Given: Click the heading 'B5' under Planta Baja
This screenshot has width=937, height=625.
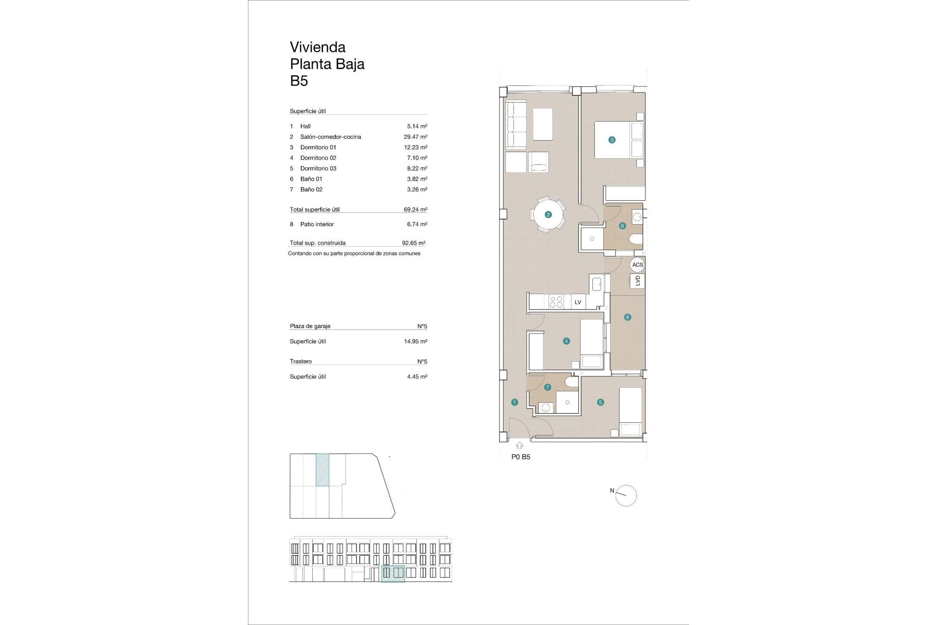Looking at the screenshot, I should click(x=299, y=81).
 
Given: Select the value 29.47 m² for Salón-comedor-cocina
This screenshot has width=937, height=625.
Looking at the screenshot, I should click(x=415, y=137).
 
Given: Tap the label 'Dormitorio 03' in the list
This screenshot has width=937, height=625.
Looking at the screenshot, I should click(x=318, y=168).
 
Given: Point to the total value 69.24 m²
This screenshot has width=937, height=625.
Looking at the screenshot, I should click(x=415, y=209).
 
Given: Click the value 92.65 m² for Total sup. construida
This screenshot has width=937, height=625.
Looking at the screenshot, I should click(x=413, y=243).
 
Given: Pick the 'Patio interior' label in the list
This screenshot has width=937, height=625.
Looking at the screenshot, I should click(x=317, y=224).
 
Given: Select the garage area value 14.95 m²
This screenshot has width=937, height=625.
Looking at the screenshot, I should click(x=415, y=341).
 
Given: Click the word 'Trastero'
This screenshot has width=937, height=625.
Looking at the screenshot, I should click(x=301, y=361).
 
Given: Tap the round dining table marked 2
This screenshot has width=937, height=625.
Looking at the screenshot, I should click(x=548, y=214).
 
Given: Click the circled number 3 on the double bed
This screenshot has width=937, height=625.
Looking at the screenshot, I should click(x=612, y=140).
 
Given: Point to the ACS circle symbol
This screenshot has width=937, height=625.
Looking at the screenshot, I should click(x=637, y=265).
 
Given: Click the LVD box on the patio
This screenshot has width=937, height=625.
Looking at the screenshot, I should click(x=637, y=281).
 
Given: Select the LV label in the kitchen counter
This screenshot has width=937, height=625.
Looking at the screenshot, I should click(x=578, y=302).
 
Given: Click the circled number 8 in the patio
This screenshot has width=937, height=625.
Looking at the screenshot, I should click(x=628, y=317).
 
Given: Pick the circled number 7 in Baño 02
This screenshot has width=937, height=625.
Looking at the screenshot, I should click(x=548, y=387).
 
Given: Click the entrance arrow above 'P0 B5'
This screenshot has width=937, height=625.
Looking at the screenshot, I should click(x=519, y=445).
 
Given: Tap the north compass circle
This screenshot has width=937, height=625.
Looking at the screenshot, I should click(x=626, y=496).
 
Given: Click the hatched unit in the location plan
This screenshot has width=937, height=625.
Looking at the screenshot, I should click(x=323, y=470).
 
